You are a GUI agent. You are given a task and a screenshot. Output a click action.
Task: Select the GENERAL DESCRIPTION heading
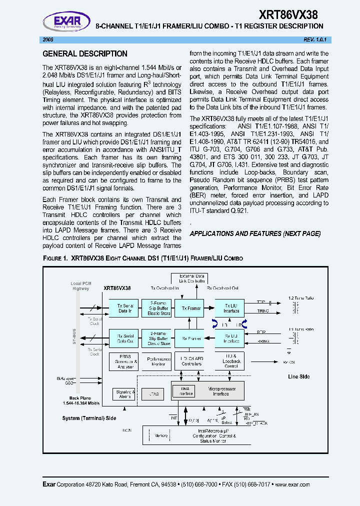[84, 53]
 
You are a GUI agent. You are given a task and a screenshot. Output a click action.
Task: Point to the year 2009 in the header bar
[48, 39]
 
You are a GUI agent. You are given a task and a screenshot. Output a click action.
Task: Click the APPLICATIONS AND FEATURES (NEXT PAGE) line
[255, 234]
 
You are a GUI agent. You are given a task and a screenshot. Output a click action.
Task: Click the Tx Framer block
[191, 308]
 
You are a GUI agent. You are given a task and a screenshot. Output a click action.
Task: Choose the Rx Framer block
[191, 338]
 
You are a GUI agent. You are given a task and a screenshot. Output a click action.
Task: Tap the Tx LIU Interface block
[231, 308]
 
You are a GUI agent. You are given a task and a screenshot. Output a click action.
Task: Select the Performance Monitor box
[159, 361]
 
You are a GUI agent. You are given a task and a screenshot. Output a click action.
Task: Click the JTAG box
[153, 394]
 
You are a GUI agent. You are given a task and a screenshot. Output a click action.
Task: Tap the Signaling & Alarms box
[124, 394]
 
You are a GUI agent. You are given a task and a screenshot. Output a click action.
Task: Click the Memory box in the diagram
[161, 435]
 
